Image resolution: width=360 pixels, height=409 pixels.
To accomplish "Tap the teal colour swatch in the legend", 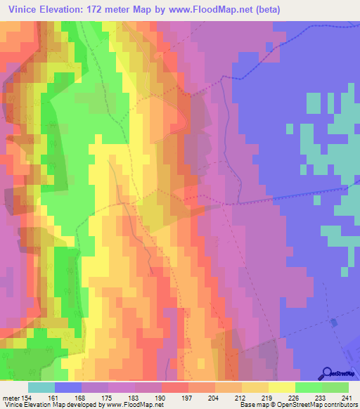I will (x=41, y=387).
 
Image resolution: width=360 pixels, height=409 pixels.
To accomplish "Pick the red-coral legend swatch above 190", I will (x=175, y=387).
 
